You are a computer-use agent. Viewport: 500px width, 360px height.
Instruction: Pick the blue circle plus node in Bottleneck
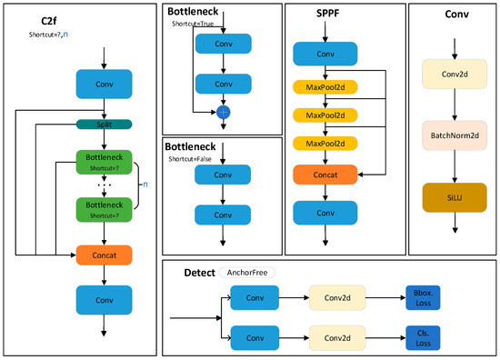click(224, 111)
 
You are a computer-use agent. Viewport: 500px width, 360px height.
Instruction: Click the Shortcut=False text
click(196, 160)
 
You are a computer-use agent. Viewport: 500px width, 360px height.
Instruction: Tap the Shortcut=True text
click(195, 25)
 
